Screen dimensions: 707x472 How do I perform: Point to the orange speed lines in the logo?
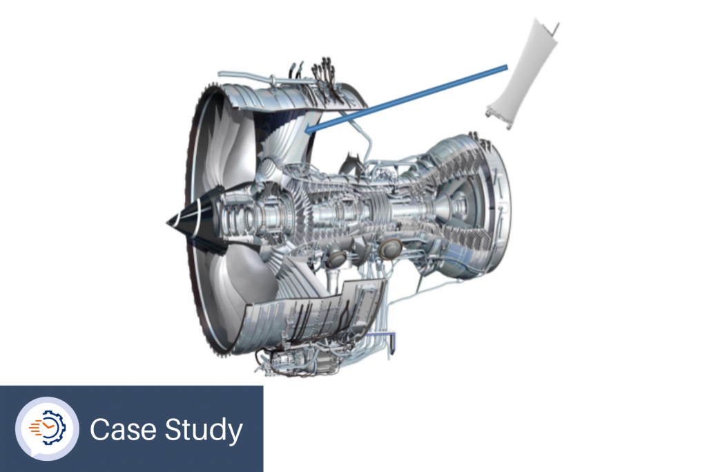36,428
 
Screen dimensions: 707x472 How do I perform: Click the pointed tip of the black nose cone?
167,222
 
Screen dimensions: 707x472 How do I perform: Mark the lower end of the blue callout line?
307,131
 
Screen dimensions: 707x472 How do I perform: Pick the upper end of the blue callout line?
507,68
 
